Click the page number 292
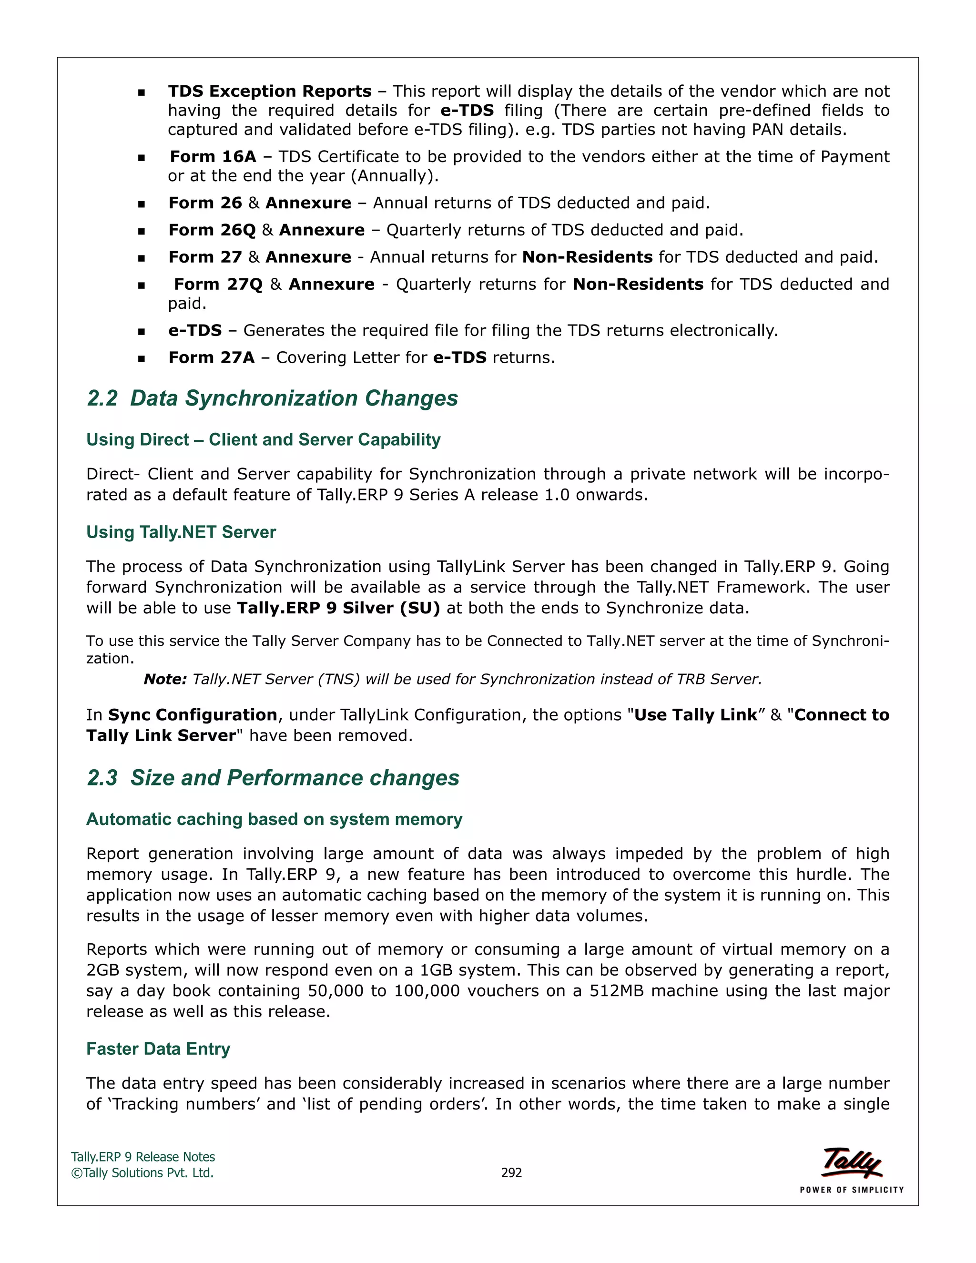511,1173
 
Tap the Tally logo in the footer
852,1162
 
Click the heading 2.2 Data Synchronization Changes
272,398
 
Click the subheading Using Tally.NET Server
181,532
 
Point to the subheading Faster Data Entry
158,1049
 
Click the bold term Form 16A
213,157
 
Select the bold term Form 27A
211,357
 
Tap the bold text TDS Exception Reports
269,92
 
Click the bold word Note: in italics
165,679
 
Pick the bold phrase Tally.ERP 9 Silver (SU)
338,608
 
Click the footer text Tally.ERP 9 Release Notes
143,1157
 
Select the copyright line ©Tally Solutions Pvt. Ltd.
142,1173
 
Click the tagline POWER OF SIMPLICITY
851,1190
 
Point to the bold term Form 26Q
212,230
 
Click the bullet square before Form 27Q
141,285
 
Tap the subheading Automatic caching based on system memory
274,819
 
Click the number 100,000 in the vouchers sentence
427,991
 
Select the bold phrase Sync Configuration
193,715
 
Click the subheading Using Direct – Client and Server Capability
263,439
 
